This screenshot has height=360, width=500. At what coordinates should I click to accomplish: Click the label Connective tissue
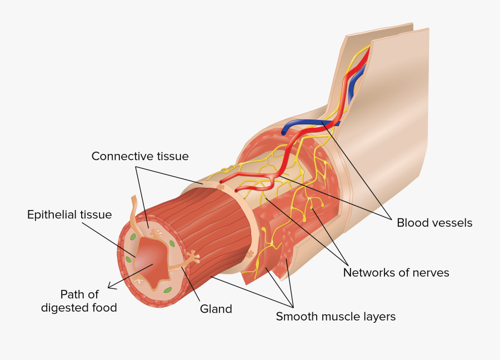coord(140,157)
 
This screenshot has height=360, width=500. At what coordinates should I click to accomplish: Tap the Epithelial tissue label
coord(69,214)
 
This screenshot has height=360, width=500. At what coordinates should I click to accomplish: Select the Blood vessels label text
coord(434,223)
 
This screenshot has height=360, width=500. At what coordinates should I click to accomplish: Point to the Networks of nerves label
coord(396,272)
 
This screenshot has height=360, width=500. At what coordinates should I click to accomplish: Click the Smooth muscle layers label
coord(336,317)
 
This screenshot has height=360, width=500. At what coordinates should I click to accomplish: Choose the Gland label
coord(216,309)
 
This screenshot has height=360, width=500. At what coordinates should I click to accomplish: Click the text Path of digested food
coord(79,301)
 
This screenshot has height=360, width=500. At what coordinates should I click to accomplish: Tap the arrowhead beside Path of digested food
coord(111,287)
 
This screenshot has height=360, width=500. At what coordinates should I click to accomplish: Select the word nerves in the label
coord(429,272)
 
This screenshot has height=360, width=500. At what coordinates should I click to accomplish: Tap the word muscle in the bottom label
coord(336,317)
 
